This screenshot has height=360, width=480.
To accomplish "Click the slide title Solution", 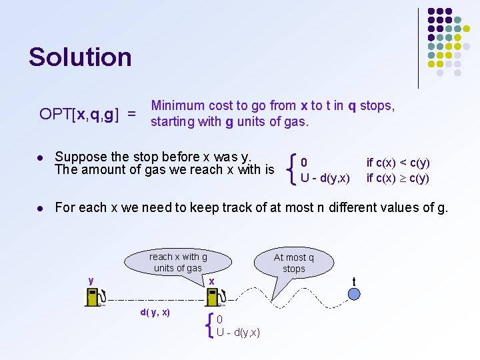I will coord(80,57).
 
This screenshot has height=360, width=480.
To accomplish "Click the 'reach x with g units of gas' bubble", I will coord(178,262).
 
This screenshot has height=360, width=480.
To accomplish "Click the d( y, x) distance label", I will coord(155,312).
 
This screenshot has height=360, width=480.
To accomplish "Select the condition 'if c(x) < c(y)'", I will coord(398,163).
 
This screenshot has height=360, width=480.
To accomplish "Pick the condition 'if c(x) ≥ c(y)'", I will coord(398,178).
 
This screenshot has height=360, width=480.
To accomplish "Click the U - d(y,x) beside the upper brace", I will coord(325,178).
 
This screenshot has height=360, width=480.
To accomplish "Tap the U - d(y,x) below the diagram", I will coord(238,332).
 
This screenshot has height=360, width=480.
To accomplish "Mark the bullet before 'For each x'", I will coord(41,209).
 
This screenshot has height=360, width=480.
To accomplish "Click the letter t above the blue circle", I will coord(354,281).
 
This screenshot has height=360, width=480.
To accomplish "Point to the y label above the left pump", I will coord(91,281).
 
